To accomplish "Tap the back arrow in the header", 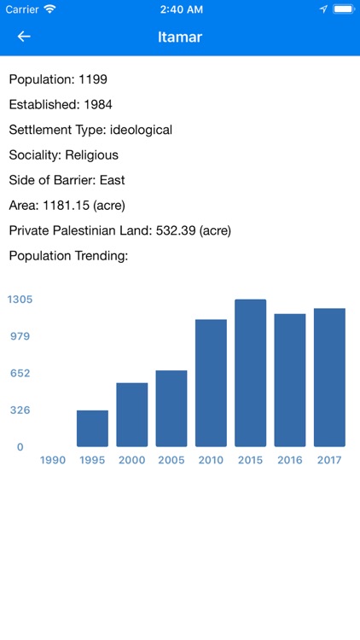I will [x=24, y=37].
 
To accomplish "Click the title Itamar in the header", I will [x=180, y=37].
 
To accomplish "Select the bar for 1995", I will [x=92, y=428].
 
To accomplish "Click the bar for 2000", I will [x=132, y=415].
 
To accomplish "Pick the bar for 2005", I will [x=171, y=409].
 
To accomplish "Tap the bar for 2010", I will [x=211, y=383].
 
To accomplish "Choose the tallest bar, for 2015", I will [x=251, y=373].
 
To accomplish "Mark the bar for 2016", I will [x=290, y=380].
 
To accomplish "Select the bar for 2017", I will [x=329, y=377].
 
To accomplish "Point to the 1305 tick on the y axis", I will [x=20, y=300].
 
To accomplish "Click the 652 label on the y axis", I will [x=20, y=373].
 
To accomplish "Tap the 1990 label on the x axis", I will [x=53, y=460].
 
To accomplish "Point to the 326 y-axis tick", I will [x=20, y=410].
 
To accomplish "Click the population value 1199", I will [x=93, y=79].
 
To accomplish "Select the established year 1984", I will [x=98, y=105].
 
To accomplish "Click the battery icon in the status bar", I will [x=343, y=9].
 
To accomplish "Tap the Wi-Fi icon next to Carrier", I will [x=49, y=9].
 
